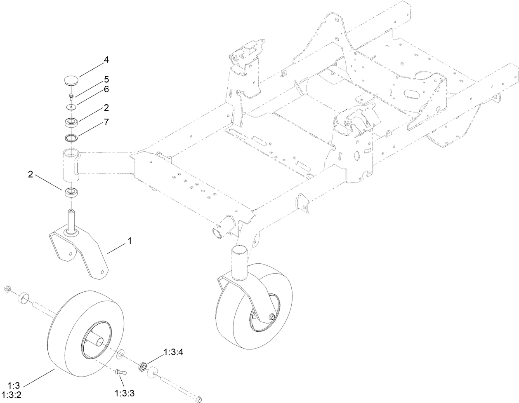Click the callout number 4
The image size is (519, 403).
point(106,60)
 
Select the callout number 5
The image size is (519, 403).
point(106,79)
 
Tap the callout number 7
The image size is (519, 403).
point(106,122)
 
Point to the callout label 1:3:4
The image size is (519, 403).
point(173,352)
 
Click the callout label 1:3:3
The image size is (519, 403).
point(125,393)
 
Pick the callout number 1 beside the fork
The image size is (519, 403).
point(130,241)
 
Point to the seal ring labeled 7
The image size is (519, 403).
point(72,137)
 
